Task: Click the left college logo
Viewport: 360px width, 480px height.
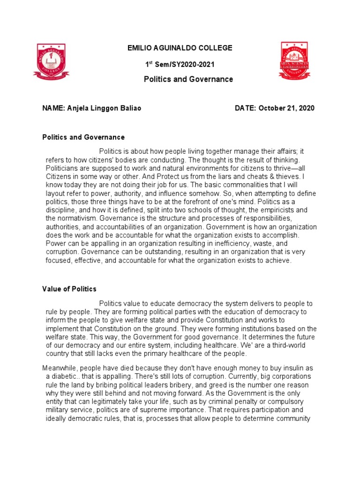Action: pyautogui.click(x=51, y=61)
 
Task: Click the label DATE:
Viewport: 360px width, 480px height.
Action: pyautogui.click(x=245, y=108)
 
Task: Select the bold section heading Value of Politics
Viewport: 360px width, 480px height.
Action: pyautogui.click(x=69, y=289)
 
